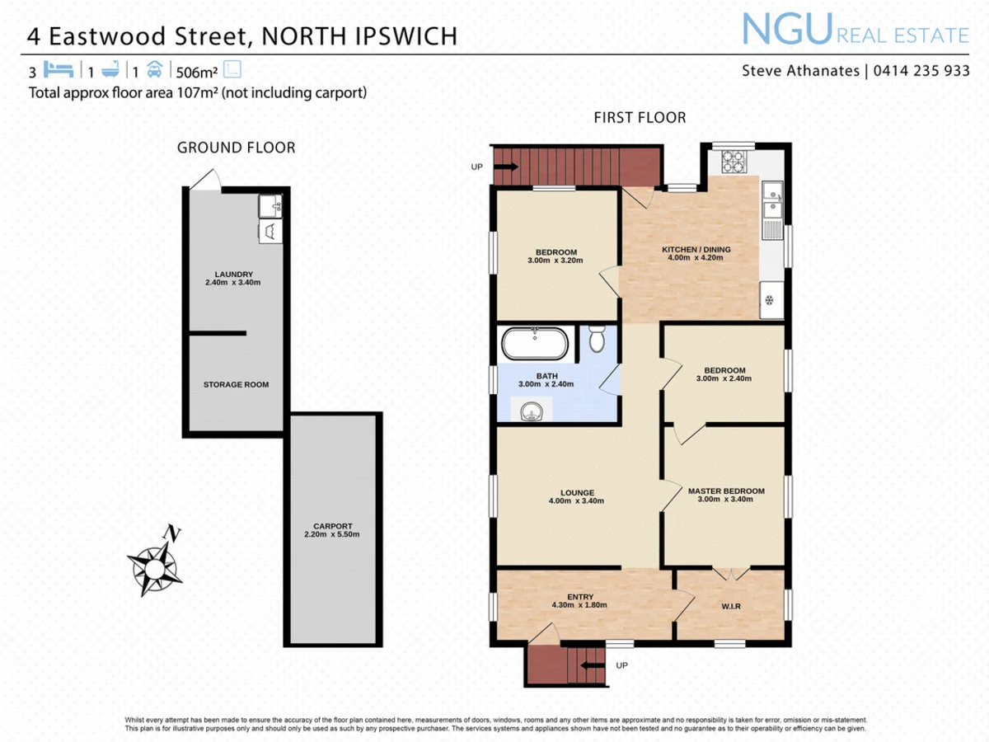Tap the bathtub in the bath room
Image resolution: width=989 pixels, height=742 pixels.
pos(535,344)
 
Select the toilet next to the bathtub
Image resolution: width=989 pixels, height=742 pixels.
pos(598,337)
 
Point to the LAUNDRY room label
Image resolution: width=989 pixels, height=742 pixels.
pos(233,275)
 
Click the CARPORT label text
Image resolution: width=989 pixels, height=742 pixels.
pos(332,526)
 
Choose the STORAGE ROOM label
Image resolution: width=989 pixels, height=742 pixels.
pos(236,385)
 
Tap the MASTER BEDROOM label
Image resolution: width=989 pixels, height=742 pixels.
pos(726,491)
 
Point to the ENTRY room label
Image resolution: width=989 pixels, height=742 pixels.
pos(580,597)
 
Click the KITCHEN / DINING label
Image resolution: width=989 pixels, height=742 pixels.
pos(696,250)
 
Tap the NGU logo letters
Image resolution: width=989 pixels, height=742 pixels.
pos(787,31)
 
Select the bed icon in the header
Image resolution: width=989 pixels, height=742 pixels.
pos(60,69)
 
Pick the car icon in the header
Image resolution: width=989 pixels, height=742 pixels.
pos(155,69)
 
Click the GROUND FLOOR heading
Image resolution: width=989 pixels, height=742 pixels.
pos(236,148)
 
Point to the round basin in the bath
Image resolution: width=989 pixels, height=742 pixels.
pos(530,408)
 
